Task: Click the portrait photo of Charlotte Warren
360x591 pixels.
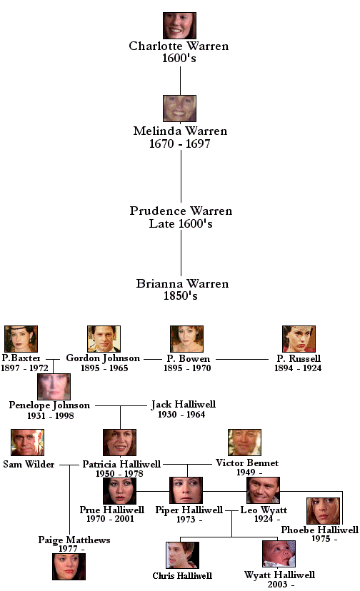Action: [179, 26]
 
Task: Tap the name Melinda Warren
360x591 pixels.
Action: [180, 131]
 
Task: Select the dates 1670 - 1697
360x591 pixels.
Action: [179, 143]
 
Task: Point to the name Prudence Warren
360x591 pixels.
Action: [181, 211]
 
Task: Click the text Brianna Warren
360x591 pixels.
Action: [182, 283]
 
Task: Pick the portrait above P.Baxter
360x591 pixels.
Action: [21, 339]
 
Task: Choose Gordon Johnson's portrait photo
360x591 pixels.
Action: [104, 339]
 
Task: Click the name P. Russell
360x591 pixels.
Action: [299, 358]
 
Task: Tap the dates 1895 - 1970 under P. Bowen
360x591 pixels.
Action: [187, 368]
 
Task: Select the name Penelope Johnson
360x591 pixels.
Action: [49, 405]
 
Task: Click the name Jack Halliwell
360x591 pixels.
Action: [184, 405]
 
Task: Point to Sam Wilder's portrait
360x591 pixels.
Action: [28, 442]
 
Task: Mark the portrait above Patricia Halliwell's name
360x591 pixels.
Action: [119, 442]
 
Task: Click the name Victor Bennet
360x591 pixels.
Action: [247, 463]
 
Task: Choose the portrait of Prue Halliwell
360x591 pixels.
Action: [119, 490]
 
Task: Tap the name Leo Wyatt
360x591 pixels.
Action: [264, 510]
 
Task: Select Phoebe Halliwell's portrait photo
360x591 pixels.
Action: [324, 511]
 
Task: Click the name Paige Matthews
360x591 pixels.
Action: [74, 540]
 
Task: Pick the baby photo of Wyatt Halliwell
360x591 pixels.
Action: [279, 554]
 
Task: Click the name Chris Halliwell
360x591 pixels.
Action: [182, 575]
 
